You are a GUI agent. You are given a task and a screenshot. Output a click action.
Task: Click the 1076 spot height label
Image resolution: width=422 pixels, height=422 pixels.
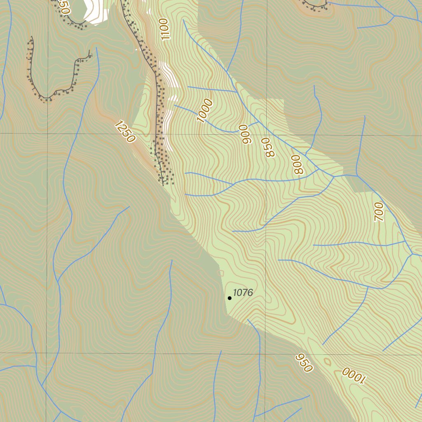tap(243, 293)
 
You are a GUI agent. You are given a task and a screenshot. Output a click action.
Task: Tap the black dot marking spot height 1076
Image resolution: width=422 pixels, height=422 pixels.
tap(230, 298)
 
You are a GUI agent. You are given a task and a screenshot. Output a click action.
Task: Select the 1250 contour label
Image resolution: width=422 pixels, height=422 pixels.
tap(125, 131)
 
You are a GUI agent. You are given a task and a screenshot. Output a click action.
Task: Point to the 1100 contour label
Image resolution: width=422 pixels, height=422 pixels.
tap(164, 29)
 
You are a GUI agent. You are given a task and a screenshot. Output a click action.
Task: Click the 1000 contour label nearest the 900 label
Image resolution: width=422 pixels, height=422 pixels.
tap(204, 111)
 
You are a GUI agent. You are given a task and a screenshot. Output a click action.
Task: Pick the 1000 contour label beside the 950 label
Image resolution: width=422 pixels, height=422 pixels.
tap(354, 375)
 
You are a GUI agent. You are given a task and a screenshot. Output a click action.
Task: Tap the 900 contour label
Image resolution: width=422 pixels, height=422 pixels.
tap(246, 134)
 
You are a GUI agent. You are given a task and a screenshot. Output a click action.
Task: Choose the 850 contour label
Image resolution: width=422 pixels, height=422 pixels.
tap(268, 148)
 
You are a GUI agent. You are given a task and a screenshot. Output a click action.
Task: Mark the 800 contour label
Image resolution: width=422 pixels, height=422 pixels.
tap(297, 164)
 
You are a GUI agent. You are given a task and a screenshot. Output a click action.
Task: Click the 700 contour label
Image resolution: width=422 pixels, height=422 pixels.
tap(378, 211)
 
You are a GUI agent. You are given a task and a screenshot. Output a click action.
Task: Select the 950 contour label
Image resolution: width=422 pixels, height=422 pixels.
tap(304, 363)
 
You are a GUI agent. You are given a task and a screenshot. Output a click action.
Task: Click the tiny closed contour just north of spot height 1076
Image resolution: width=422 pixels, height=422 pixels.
tap(220, 273)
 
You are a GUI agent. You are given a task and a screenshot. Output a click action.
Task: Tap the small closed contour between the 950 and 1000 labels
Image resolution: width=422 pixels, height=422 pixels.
tap(328, 362)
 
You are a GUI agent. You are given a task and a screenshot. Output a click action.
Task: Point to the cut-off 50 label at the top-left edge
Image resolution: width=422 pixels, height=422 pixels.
tap(63, 7)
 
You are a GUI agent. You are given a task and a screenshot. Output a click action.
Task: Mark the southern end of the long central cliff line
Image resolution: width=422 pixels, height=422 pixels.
tap(163, 184)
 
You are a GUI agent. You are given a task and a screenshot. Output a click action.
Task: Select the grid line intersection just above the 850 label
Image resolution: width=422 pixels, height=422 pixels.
tap(266, 135)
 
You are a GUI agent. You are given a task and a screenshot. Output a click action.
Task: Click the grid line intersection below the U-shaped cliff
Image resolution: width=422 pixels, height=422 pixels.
tap(48, 133)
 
